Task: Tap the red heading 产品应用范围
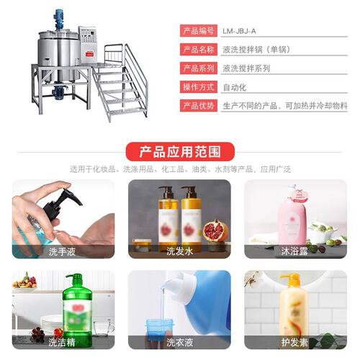(x=180, y=151)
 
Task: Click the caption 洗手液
(x=63, y=251)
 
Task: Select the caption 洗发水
(x=179, y=251)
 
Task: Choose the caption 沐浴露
(x=295, y=251)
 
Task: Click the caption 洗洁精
(x=63, y=342)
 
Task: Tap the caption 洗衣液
(x=179, y=342)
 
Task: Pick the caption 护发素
(x=295, y=342)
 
